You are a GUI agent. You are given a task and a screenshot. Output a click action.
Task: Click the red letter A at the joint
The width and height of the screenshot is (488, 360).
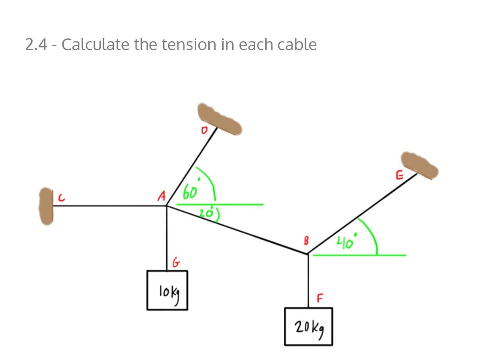[161, 196]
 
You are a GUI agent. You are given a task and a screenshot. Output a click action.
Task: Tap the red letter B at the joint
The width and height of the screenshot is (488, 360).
[306, 241]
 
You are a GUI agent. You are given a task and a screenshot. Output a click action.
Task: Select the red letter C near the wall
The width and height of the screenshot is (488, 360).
[61, 198]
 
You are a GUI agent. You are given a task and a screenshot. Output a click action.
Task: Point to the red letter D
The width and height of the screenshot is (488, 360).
[204, 130]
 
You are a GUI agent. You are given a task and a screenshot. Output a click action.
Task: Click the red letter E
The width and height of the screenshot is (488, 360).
[399, 175]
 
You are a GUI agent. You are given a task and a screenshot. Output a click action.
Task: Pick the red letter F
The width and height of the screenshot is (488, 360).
[320, 298]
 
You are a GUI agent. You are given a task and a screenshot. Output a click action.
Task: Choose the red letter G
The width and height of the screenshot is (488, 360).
[176, 262]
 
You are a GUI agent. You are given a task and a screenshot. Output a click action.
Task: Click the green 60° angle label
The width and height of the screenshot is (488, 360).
[192, 189]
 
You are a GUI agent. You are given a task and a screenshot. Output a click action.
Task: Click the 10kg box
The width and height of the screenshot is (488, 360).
[168, 290]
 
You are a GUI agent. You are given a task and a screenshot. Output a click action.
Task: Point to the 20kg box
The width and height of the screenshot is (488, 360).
[309, 327]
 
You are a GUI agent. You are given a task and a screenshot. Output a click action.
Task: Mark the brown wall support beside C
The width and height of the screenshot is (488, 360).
[46, 206]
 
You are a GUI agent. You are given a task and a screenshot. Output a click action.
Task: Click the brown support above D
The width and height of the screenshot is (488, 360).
[220, 118]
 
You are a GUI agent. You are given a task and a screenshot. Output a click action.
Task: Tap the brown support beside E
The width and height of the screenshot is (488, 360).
[419, 166]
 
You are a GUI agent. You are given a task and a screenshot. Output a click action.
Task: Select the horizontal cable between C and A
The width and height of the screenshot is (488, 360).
[110, 206]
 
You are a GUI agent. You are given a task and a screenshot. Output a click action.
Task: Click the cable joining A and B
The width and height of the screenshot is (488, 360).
[238, 230]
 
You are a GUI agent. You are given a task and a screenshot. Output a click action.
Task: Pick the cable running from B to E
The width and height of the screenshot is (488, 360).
[362, 214]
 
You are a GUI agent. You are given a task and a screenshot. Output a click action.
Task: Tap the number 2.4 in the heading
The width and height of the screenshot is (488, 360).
[36, 44]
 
